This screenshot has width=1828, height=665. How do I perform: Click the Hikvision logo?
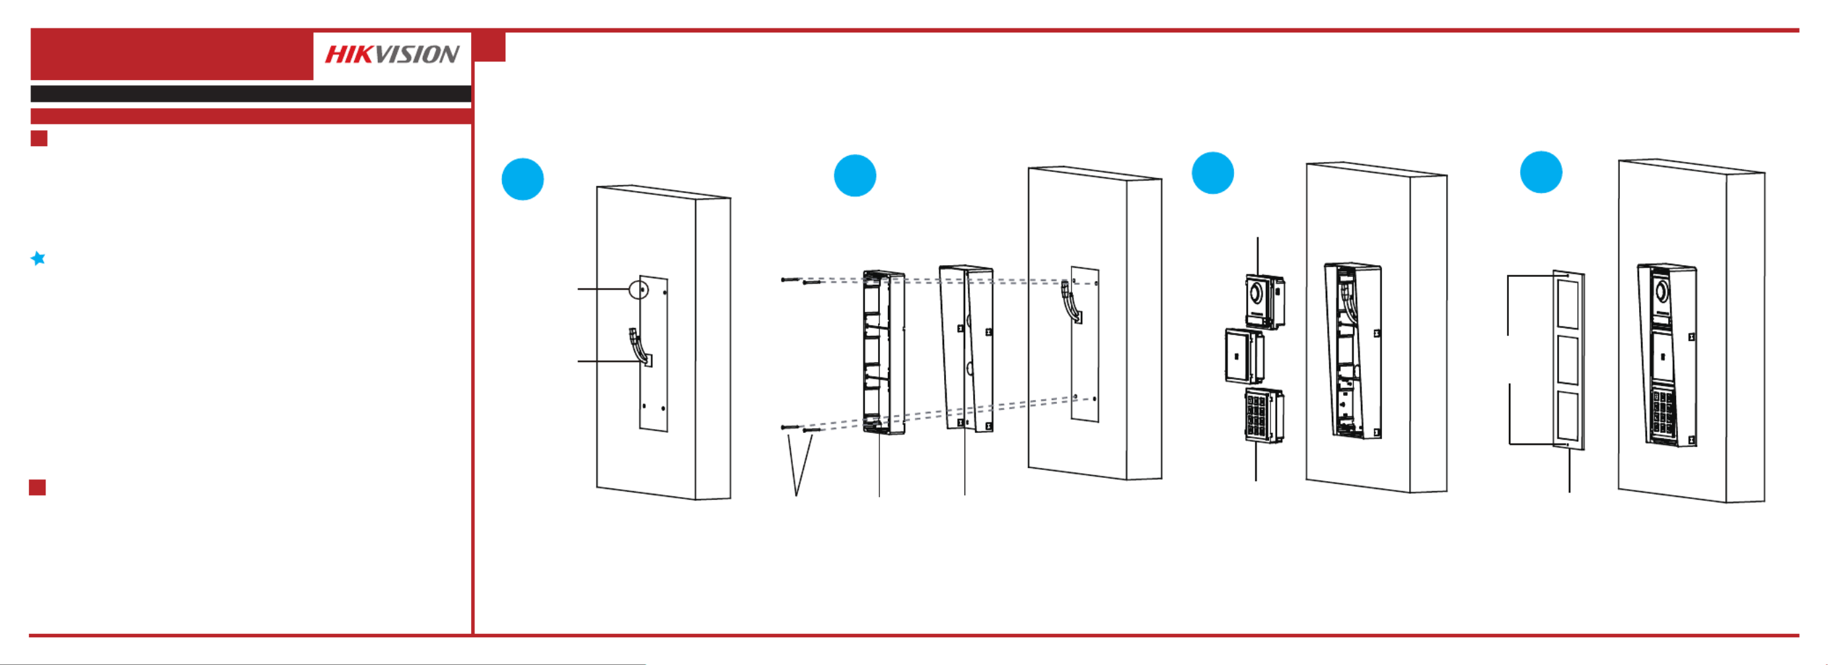[x=392, y=55]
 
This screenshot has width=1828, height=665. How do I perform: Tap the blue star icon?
[x=38, y=258]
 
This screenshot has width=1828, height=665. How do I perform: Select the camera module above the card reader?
[x=1264, y=301]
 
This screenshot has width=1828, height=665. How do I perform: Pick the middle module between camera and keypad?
[x=1245, y=356]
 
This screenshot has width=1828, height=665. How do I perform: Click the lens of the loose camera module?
[x=1257, y=292]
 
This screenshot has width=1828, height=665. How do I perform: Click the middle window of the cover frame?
[x=1567, y=360]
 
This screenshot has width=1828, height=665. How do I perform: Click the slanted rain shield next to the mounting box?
[x=967, y=348]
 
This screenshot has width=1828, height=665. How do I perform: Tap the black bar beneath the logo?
[x=250, y=94]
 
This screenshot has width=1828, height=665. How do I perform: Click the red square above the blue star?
[x=39, y=138]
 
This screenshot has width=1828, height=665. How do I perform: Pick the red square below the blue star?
[x=38, y=488]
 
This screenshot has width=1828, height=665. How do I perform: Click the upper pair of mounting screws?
[x=801, y=282]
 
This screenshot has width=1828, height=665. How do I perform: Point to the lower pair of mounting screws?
[x=801, y=428]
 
